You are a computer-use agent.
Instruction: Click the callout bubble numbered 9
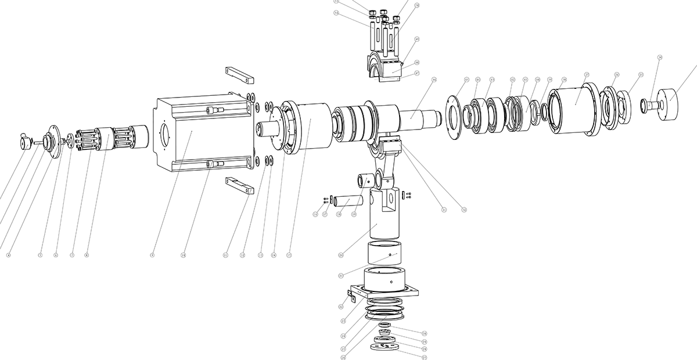(152, 254)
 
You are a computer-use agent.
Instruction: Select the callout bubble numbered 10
(183, 254)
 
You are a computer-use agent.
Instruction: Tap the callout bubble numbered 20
(341, 254)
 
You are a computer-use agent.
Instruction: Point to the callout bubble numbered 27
(423, 358)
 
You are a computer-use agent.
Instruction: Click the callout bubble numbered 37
(587, 75)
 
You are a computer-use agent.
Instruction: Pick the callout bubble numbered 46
(434, 79)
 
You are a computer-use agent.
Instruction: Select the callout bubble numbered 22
(341, 306)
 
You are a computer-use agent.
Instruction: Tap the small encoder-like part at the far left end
(26, 141)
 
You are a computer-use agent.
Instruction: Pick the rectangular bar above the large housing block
(239, 74)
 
